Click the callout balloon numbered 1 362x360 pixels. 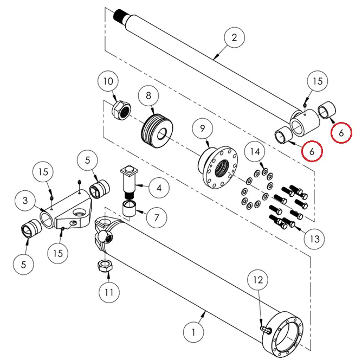[x=194, y=330]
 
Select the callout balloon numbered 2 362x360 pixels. [x=234, y=38]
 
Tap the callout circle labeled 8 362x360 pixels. [x=148, y=95]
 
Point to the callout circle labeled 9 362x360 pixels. [x=203, y=129]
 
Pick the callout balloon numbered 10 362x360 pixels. [x=108, y=82]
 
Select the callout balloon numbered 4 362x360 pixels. [x=158, y=189]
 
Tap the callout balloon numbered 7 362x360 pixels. [x=156, y=218]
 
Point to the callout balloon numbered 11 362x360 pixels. [x=109, y=292]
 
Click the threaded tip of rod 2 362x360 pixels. [x=121, y=16]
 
